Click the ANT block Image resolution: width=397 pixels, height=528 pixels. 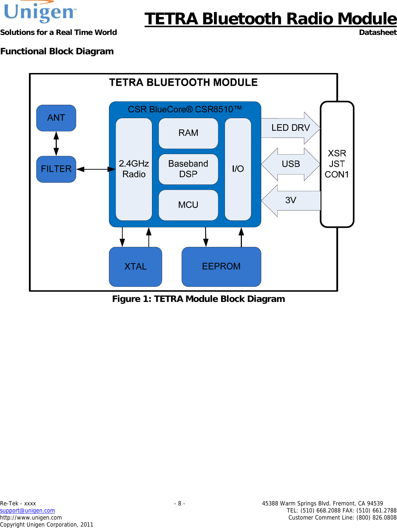pyautogui.click(x=56, y=118)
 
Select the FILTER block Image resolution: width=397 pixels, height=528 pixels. pyautogui.click(x=56, y=169)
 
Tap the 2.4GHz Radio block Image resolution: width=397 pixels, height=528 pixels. pyautogui.click(x=134, y=169)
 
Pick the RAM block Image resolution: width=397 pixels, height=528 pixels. pyautogui.click(x=188, y=133)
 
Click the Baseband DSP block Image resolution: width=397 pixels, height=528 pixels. pyautogui.click(x=188, y=169)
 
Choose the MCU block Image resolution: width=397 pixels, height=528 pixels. pyautogui.click(x=188, y=205)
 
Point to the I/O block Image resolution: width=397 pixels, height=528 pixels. pyautogui.click(x=238, y=169)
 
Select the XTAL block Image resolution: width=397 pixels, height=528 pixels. pyautogui.click(x=135, y=267)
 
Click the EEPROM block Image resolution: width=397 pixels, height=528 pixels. pyautogui.click(x=221, y=267)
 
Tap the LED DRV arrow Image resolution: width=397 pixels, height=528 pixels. pyautogui.click(x=290, y=128)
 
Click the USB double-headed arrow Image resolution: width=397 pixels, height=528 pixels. pyautogui.click(x=291, y=164)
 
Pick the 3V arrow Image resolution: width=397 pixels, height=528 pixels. pyautogui.click(x=291, y=200)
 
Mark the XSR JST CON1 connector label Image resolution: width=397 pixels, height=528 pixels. pyautogui.click(x=337, y=164)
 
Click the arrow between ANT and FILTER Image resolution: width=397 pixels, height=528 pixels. pyautogui.click(x=56, y=144)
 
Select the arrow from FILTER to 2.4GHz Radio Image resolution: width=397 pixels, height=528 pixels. pyautogui.click(x=96, y=169)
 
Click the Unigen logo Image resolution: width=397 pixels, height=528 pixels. pyautogui.click(x=39, y=12)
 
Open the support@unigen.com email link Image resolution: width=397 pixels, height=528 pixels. pyautogui.click(x=28, y=510)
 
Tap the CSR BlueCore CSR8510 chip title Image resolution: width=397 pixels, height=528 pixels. pyautogui.click(x=185, y=109)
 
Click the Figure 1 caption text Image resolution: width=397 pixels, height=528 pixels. pyautogui.click(x=198, y=299)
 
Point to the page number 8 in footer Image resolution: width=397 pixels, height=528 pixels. pyautogui.click(x=179, y=503)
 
